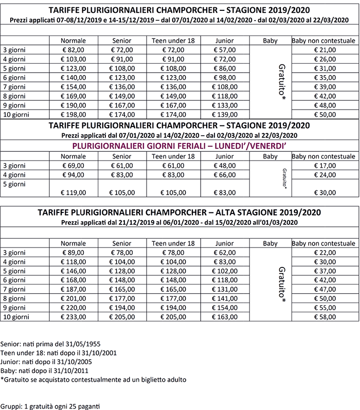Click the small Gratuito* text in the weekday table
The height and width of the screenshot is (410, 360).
284,178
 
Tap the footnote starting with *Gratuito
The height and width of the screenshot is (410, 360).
93,380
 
